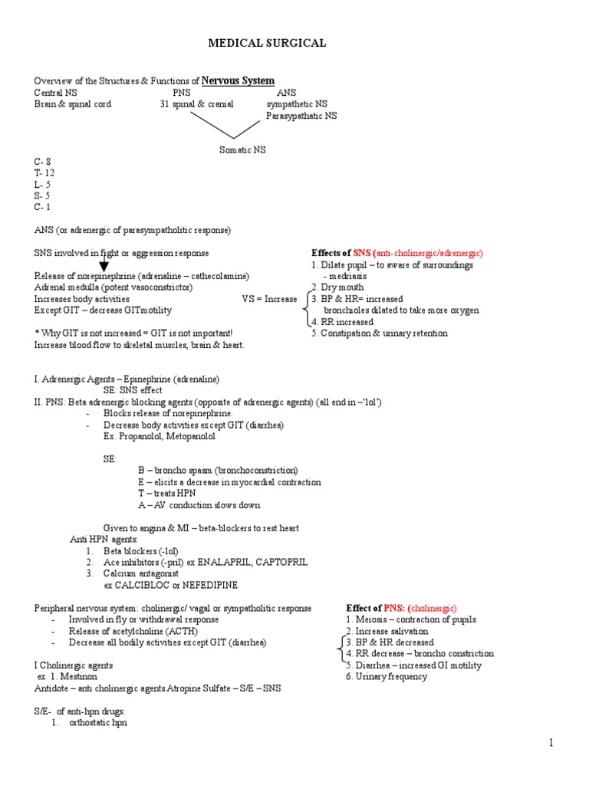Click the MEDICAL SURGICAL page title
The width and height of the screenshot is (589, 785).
tap(267, 44)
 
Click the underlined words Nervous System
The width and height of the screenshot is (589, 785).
tap(238, 80)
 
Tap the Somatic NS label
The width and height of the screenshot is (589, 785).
tap(242, 150)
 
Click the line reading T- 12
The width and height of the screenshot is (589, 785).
tap(44, 173)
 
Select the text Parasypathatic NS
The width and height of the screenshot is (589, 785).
tap(301, 116)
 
